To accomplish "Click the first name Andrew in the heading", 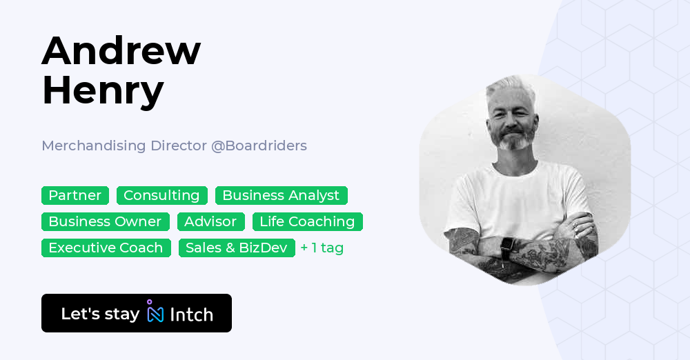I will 121,51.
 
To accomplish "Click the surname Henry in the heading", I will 103,90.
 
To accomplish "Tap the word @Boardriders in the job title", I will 259,146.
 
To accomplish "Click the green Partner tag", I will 75,195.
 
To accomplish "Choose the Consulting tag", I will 161,195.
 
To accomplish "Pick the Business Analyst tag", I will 281,195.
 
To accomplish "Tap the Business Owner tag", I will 105,221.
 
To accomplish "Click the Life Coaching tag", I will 307,221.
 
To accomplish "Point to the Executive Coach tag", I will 106,248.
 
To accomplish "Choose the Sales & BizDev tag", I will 236,248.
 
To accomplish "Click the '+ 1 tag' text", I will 322,248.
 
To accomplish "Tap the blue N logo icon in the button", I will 155,313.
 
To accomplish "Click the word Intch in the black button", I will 191,314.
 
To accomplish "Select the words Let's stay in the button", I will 100,314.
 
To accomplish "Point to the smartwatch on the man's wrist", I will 508,246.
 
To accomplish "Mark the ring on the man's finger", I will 574,224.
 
